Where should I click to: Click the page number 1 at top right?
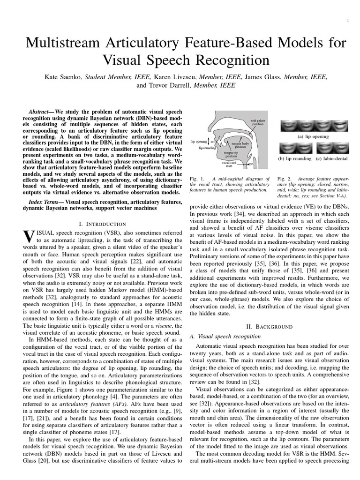[x=348, y=20]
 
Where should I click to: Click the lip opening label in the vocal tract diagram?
[x=199, y=140]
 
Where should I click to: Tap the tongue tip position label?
[x=230, y=154]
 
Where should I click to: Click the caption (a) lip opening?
[x=313, y=136]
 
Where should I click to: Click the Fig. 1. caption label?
[x=194, y=179]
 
